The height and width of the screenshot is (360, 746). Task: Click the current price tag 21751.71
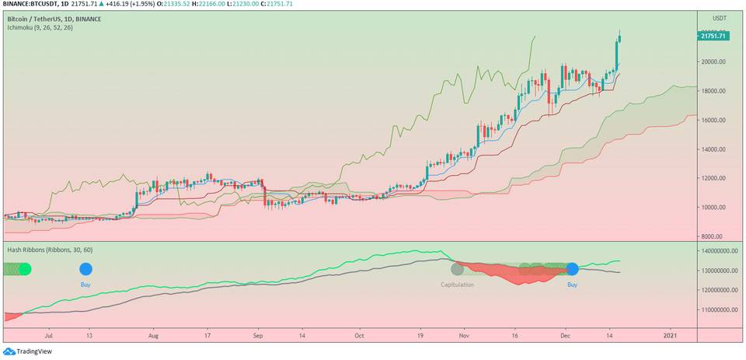(713, 36)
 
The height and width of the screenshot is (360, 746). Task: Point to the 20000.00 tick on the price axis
(713, 61)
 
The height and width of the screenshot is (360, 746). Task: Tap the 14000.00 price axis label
(713, 149)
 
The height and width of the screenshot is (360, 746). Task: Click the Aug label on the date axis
(153, 336)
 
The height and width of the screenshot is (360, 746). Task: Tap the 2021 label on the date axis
(669, 336)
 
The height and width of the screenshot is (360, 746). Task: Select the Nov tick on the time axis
(464, 336)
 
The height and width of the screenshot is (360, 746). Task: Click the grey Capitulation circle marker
(458, 269)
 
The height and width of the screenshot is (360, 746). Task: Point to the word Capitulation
(458, 285)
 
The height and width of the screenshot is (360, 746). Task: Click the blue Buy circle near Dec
(573, 269)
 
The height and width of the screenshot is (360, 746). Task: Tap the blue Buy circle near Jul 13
(85, 269)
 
